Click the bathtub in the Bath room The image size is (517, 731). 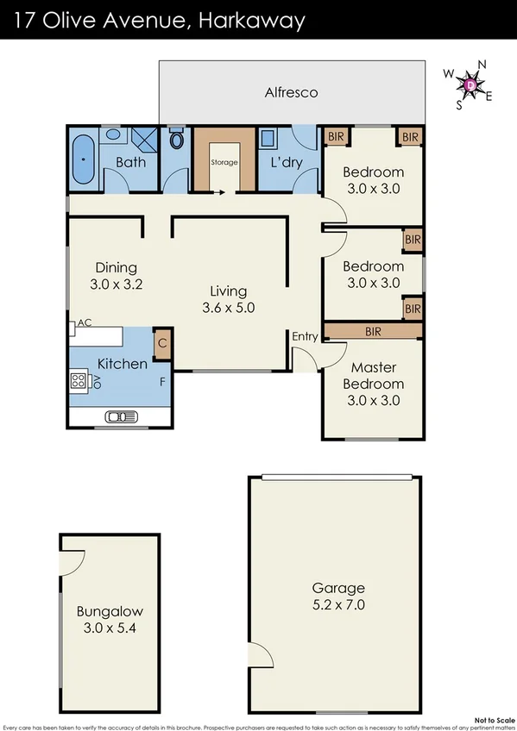pyautogui.click(x=84, y=160)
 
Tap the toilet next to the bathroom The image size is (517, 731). pyautogui.click(x=177, y=140)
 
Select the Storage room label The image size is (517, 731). pyautogui.click(x=224, y=161)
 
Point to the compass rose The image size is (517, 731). pyautogui.click(x=469, y=84)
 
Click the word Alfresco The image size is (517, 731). pyautogui.click(x=291, y=92)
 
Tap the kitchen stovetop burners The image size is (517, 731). pyautogui.click(x=79, y=379)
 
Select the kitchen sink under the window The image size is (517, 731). pyautogui.click(x=120, y=418)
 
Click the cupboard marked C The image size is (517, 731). pyautogui.click(x=161, y=345)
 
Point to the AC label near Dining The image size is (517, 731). pyautogui.click(x=85, y=323)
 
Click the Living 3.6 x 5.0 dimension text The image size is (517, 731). pyautogui.click(x=229, y=308)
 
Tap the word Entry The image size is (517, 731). pyautogui.click(x=305, y=336)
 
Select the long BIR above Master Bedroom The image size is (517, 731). pyautogui.click(x=373, y=331)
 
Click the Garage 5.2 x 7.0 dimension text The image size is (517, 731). pyautogui.click(x=338, y=605)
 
